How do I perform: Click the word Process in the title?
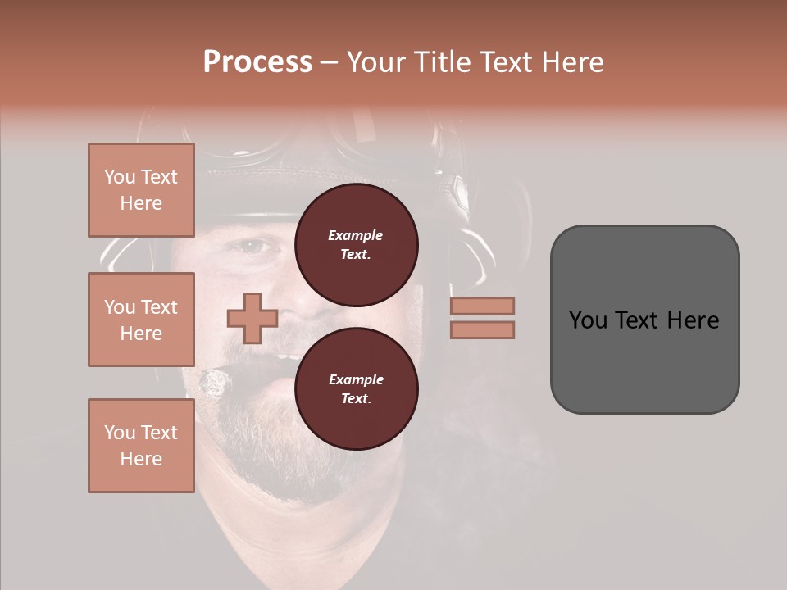(257, 62)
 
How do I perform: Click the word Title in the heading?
(439, 62)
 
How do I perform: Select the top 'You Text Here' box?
(141, 190)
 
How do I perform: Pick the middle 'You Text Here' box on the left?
(141, 320)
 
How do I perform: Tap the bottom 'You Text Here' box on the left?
(141, 445)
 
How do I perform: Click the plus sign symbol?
(252, 319)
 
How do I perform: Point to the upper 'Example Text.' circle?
(356, 244)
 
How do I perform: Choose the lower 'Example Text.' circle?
(356, 388)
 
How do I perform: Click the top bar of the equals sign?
(482, 306)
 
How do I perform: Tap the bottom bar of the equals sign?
(482, 329)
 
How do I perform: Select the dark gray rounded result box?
(644, 319)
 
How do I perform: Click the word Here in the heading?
(571, 62)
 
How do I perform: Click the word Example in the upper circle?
(356, 235)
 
